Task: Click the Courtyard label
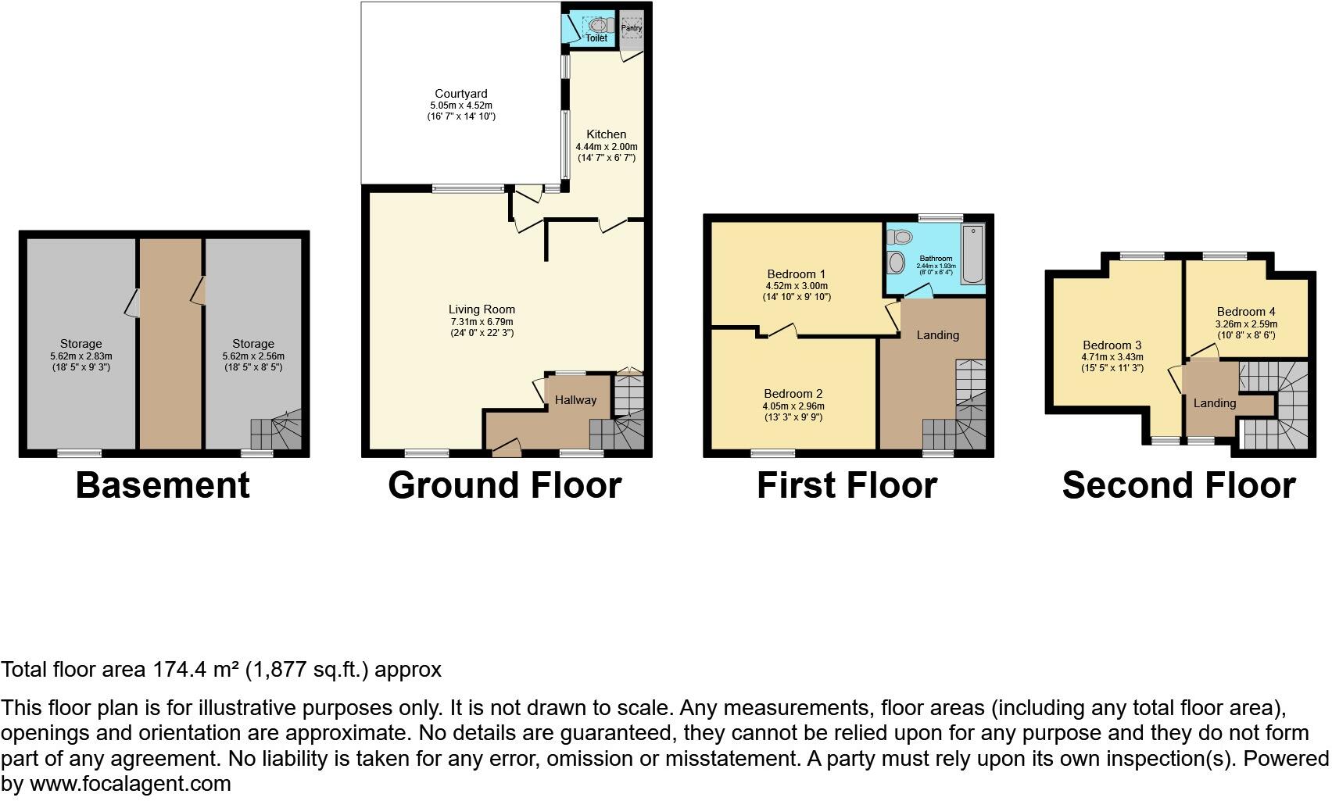461,94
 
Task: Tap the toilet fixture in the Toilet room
600,24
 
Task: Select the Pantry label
632,28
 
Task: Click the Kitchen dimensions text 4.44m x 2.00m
607,147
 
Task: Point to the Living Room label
482,309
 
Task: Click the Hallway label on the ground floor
575,400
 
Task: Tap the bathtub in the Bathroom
973,255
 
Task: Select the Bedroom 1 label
796,274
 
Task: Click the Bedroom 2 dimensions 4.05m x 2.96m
793,406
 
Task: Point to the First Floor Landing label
937,335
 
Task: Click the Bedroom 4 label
1245,312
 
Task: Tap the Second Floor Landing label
1214,403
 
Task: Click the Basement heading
163,485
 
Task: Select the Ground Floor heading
504,485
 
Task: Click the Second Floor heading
1178,485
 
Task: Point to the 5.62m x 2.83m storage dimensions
81,356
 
